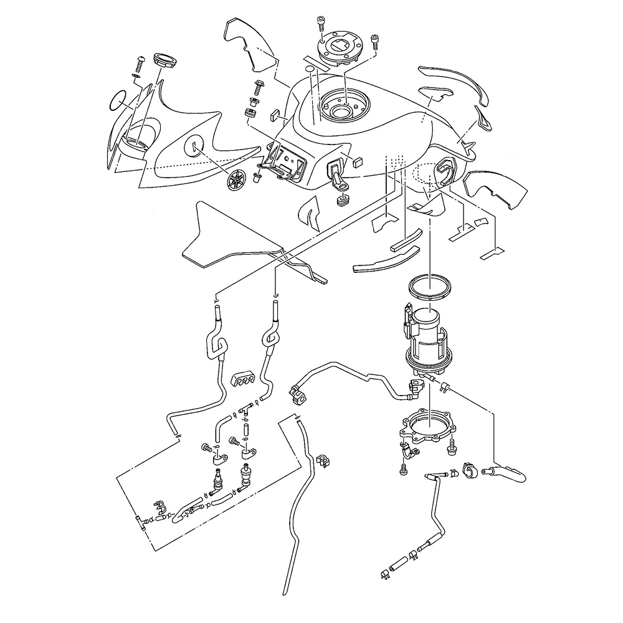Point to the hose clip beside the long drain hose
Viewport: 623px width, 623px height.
pyautogui.click(x=323, y=460)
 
